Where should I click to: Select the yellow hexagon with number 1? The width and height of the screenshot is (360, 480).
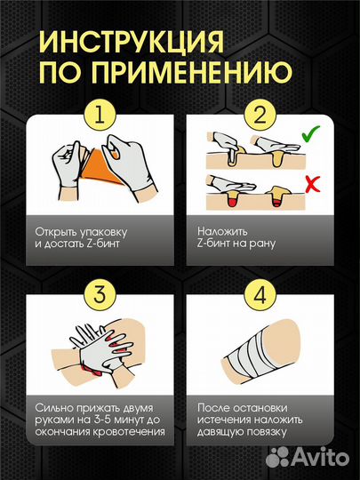[99, 115]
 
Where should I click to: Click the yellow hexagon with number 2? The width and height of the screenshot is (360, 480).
[260, 115]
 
